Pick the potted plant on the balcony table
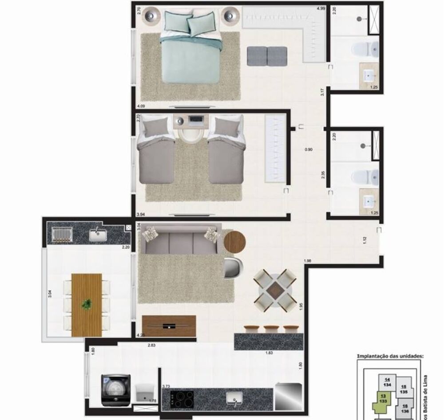(87, 304)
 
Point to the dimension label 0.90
(309, 149)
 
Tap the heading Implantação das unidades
(390, 356)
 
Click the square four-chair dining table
(275, 290)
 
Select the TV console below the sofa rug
(169, 326)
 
